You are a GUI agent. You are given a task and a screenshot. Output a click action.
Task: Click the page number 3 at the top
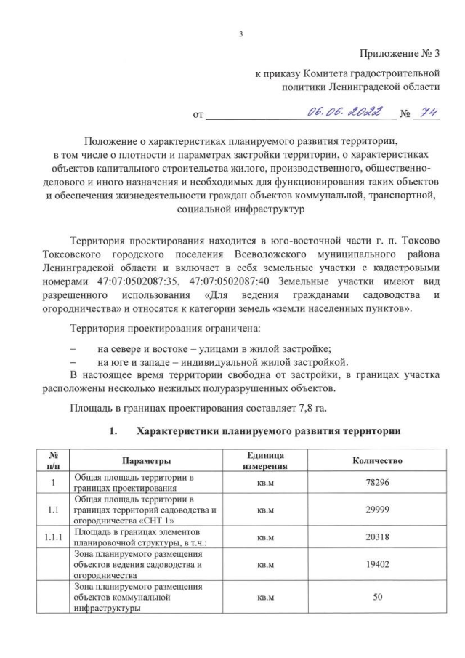(240, 34)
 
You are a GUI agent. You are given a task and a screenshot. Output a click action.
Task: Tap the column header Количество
(377, 461)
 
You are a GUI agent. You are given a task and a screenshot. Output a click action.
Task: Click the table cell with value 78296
(377, 482)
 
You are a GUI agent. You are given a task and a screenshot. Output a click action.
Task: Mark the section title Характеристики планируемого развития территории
(268, 432)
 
